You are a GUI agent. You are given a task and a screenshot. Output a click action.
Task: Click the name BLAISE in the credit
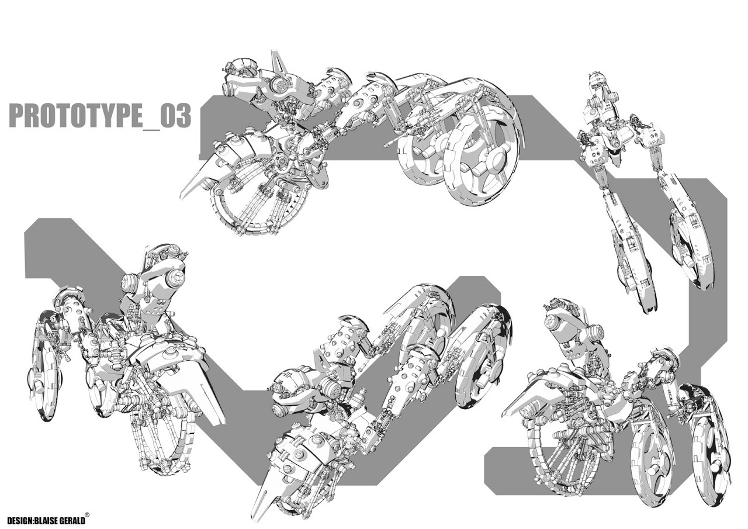[46, 521]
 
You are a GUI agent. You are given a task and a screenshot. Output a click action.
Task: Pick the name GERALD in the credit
[72, 521]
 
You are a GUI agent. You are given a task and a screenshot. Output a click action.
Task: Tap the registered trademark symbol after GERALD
[88, 514]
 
